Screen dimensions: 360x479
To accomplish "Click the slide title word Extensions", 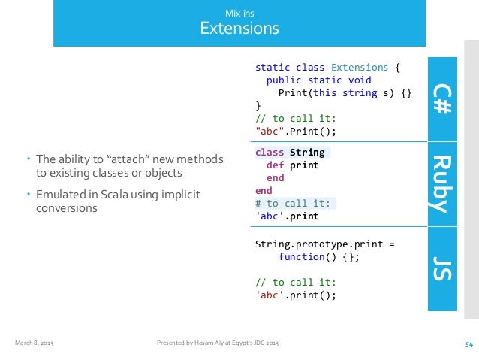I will (239, 29).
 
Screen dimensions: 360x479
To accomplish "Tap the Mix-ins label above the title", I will (239, 13).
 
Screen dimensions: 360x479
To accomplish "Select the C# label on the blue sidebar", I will (441, 98).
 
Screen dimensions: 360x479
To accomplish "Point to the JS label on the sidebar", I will (441, 268).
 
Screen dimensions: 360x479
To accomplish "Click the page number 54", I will (469, 344).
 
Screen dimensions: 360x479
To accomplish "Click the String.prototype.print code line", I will (324, 244).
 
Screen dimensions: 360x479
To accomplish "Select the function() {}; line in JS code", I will (319, 256).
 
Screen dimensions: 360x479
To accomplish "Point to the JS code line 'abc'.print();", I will (296, 295).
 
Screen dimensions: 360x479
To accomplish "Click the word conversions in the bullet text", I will (67, 207).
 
